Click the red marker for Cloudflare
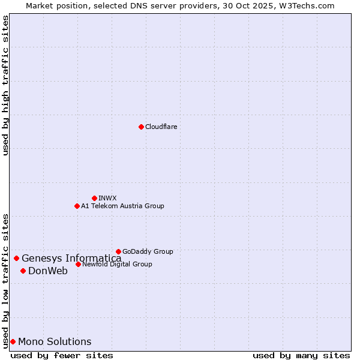141,127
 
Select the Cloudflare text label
161,127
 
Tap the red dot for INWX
94,198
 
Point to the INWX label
107,198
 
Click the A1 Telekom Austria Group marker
77,206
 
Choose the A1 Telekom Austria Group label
122,206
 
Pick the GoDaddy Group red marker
118,251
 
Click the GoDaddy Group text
148,251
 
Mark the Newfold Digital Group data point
78,264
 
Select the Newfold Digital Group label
117,264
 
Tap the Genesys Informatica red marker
16,258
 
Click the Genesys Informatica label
71,259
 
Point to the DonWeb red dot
23,271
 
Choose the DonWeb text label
48,271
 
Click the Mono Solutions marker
13,341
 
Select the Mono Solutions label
55,342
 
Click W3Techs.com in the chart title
310,5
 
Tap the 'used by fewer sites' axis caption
62,355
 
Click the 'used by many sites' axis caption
301,355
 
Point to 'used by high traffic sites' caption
5,85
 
